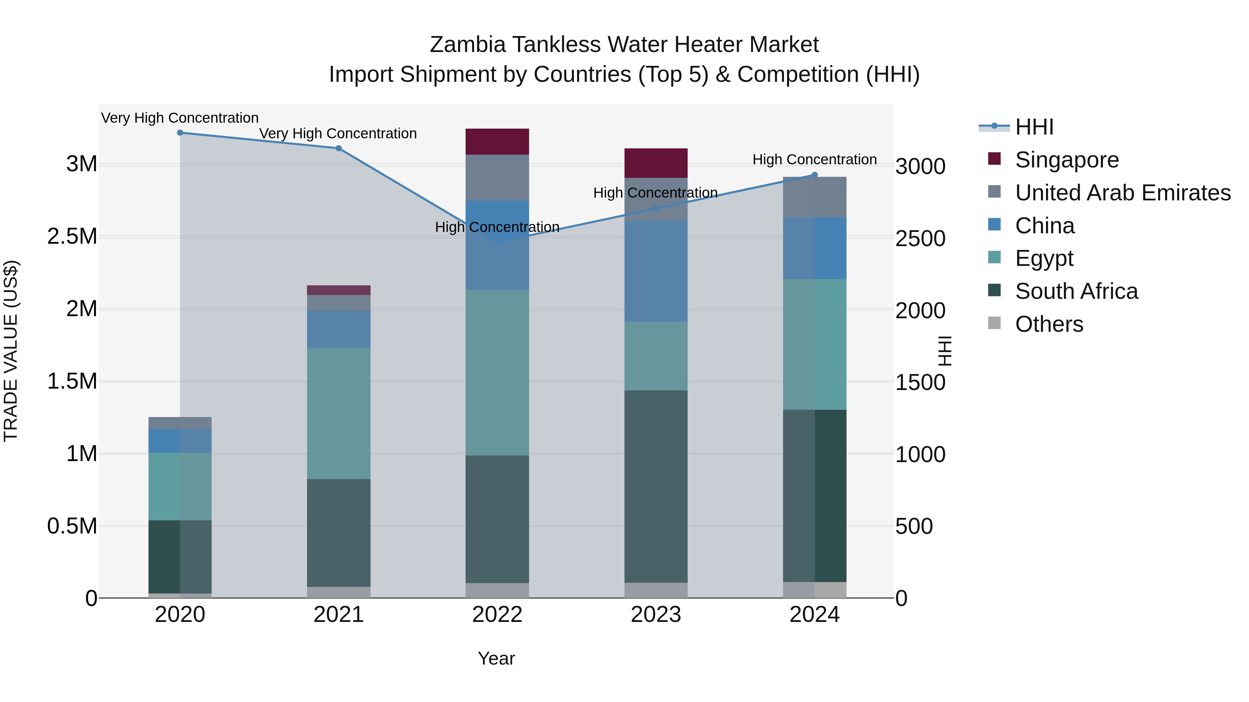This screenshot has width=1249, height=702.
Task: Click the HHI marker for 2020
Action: pos(180,133)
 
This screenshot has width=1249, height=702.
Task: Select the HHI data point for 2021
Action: pos(338,148)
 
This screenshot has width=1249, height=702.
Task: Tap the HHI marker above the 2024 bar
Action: pos(815,175)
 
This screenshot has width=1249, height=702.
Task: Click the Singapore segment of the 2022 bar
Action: pos(497,141)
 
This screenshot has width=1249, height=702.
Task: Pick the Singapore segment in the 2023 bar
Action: pos(655,163)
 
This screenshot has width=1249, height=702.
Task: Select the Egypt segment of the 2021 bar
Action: pos(338,413)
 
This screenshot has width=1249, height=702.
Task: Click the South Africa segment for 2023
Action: pos(655,486)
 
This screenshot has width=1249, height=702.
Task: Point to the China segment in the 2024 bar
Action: pos(815,248)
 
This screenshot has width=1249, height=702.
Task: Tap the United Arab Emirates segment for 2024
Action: pos(815,197)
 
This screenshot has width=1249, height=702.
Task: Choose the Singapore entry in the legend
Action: pos(1067,160)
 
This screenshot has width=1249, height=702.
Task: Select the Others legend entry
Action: pos(1049,324)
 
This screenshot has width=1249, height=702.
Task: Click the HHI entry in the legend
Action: pos(1034,127)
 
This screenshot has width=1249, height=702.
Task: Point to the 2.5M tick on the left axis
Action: pos(72,236)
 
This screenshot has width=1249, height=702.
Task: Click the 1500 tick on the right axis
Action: pos(920,382)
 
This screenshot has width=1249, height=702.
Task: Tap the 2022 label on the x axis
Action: pos(497,615)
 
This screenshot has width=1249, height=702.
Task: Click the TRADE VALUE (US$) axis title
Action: pos(11,351)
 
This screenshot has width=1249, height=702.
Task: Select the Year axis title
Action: pos(496,658)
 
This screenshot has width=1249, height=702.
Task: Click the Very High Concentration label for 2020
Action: pos(180,118)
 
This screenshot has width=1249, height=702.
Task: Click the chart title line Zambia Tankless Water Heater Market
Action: pos(624,45)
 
